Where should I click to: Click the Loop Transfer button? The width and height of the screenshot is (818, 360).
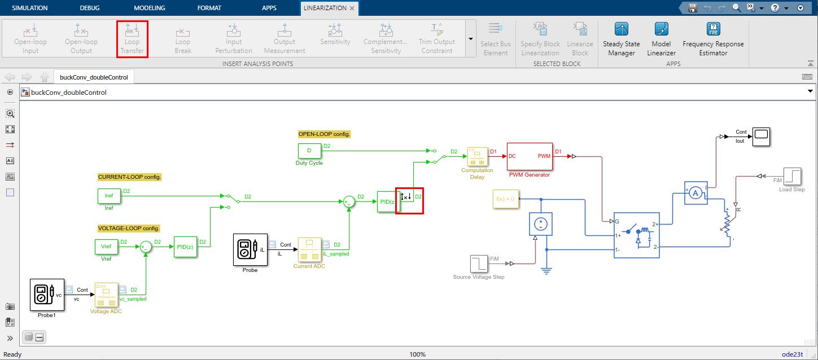click(132, 38)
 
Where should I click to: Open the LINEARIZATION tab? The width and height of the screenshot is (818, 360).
click(325, 8)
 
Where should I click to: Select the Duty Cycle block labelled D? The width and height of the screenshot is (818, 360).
click(309, 151)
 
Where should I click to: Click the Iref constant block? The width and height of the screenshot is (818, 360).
click(109, 196)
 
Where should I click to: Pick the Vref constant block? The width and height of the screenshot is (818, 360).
click(106, 247)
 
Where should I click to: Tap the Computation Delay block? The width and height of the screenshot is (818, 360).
click(476, 157)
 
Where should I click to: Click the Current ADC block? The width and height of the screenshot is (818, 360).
click(309, 249)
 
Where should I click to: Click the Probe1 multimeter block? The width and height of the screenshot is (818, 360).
click(46, 294)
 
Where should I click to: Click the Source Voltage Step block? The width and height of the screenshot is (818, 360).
click(478, 264)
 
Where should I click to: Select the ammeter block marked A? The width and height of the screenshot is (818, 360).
click(695, 192)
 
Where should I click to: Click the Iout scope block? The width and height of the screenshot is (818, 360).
click(761, 136)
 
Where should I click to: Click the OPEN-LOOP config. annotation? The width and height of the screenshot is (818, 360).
click(325, 134)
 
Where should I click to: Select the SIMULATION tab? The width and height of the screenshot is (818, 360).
click(30, 8)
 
